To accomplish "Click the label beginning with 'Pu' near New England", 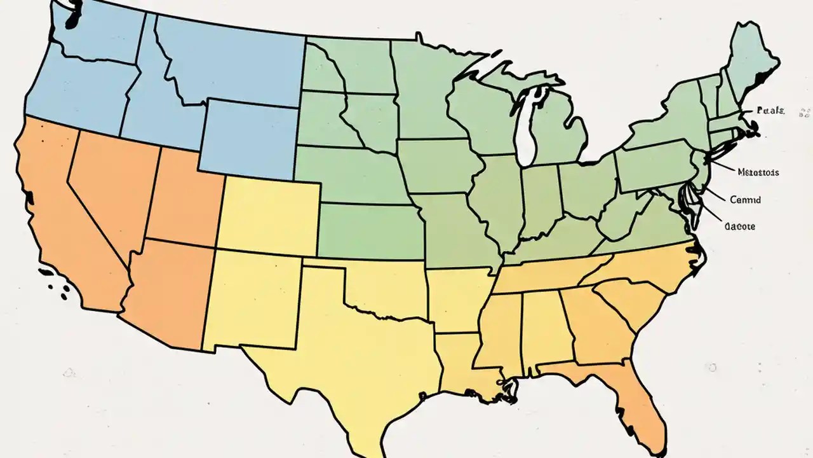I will (x=771, y=111).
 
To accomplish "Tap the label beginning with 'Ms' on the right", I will (x=759, y=172).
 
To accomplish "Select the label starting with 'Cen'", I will (x=745, y=200).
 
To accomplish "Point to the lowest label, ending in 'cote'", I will (x=739, y=226).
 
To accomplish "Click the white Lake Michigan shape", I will (x=525, y=130).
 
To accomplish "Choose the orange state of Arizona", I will (x=168, y=293).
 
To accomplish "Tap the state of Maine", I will (x=753, y=60).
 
